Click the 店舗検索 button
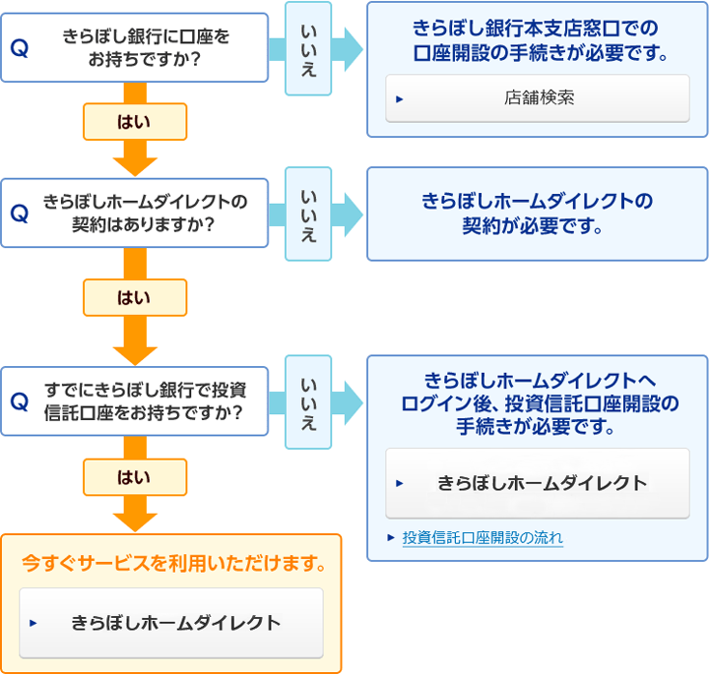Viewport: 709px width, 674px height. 538,98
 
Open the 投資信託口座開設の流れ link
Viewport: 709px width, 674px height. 483,537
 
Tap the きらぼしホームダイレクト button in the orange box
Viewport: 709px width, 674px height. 171,623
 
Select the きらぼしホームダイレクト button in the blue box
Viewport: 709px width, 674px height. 538,483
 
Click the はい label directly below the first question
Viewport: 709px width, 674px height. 134,122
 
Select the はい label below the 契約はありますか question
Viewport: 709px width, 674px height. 134,298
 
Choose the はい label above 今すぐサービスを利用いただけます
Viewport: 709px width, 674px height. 134,477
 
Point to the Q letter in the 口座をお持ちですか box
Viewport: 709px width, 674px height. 20,48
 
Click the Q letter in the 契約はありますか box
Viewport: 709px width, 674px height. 20,214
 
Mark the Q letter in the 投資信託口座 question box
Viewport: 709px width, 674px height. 20,401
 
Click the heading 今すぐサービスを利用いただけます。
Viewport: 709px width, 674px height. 174,563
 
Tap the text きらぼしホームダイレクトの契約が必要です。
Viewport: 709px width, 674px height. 538,214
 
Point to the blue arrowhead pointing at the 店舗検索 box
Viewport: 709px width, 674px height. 354,50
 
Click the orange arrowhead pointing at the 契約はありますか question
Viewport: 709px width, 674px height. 135,166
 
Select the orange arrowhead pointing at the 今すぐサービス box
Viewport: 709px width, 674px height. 135,522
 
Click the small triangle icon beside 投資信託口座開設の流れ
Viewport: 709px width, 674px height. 391,537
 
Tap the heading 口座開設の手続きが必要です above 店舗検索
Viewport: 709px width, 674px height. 540,53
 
